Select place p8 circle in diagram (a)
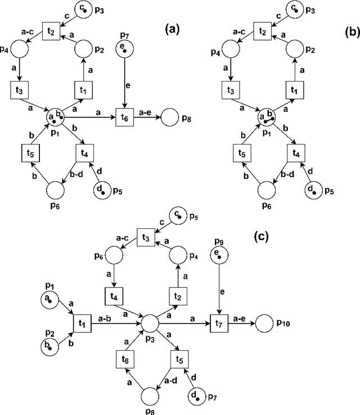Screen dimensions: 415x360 click(170, 118)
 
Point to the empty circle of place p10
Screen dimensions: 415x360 click(265, 324)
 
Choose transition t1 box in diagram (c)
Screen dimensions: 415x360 click(82, 324)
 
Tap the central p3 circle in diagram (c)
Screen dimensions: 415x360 click(150, 324)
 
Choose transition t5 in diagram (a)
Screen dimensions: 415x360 click(29, 152)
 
